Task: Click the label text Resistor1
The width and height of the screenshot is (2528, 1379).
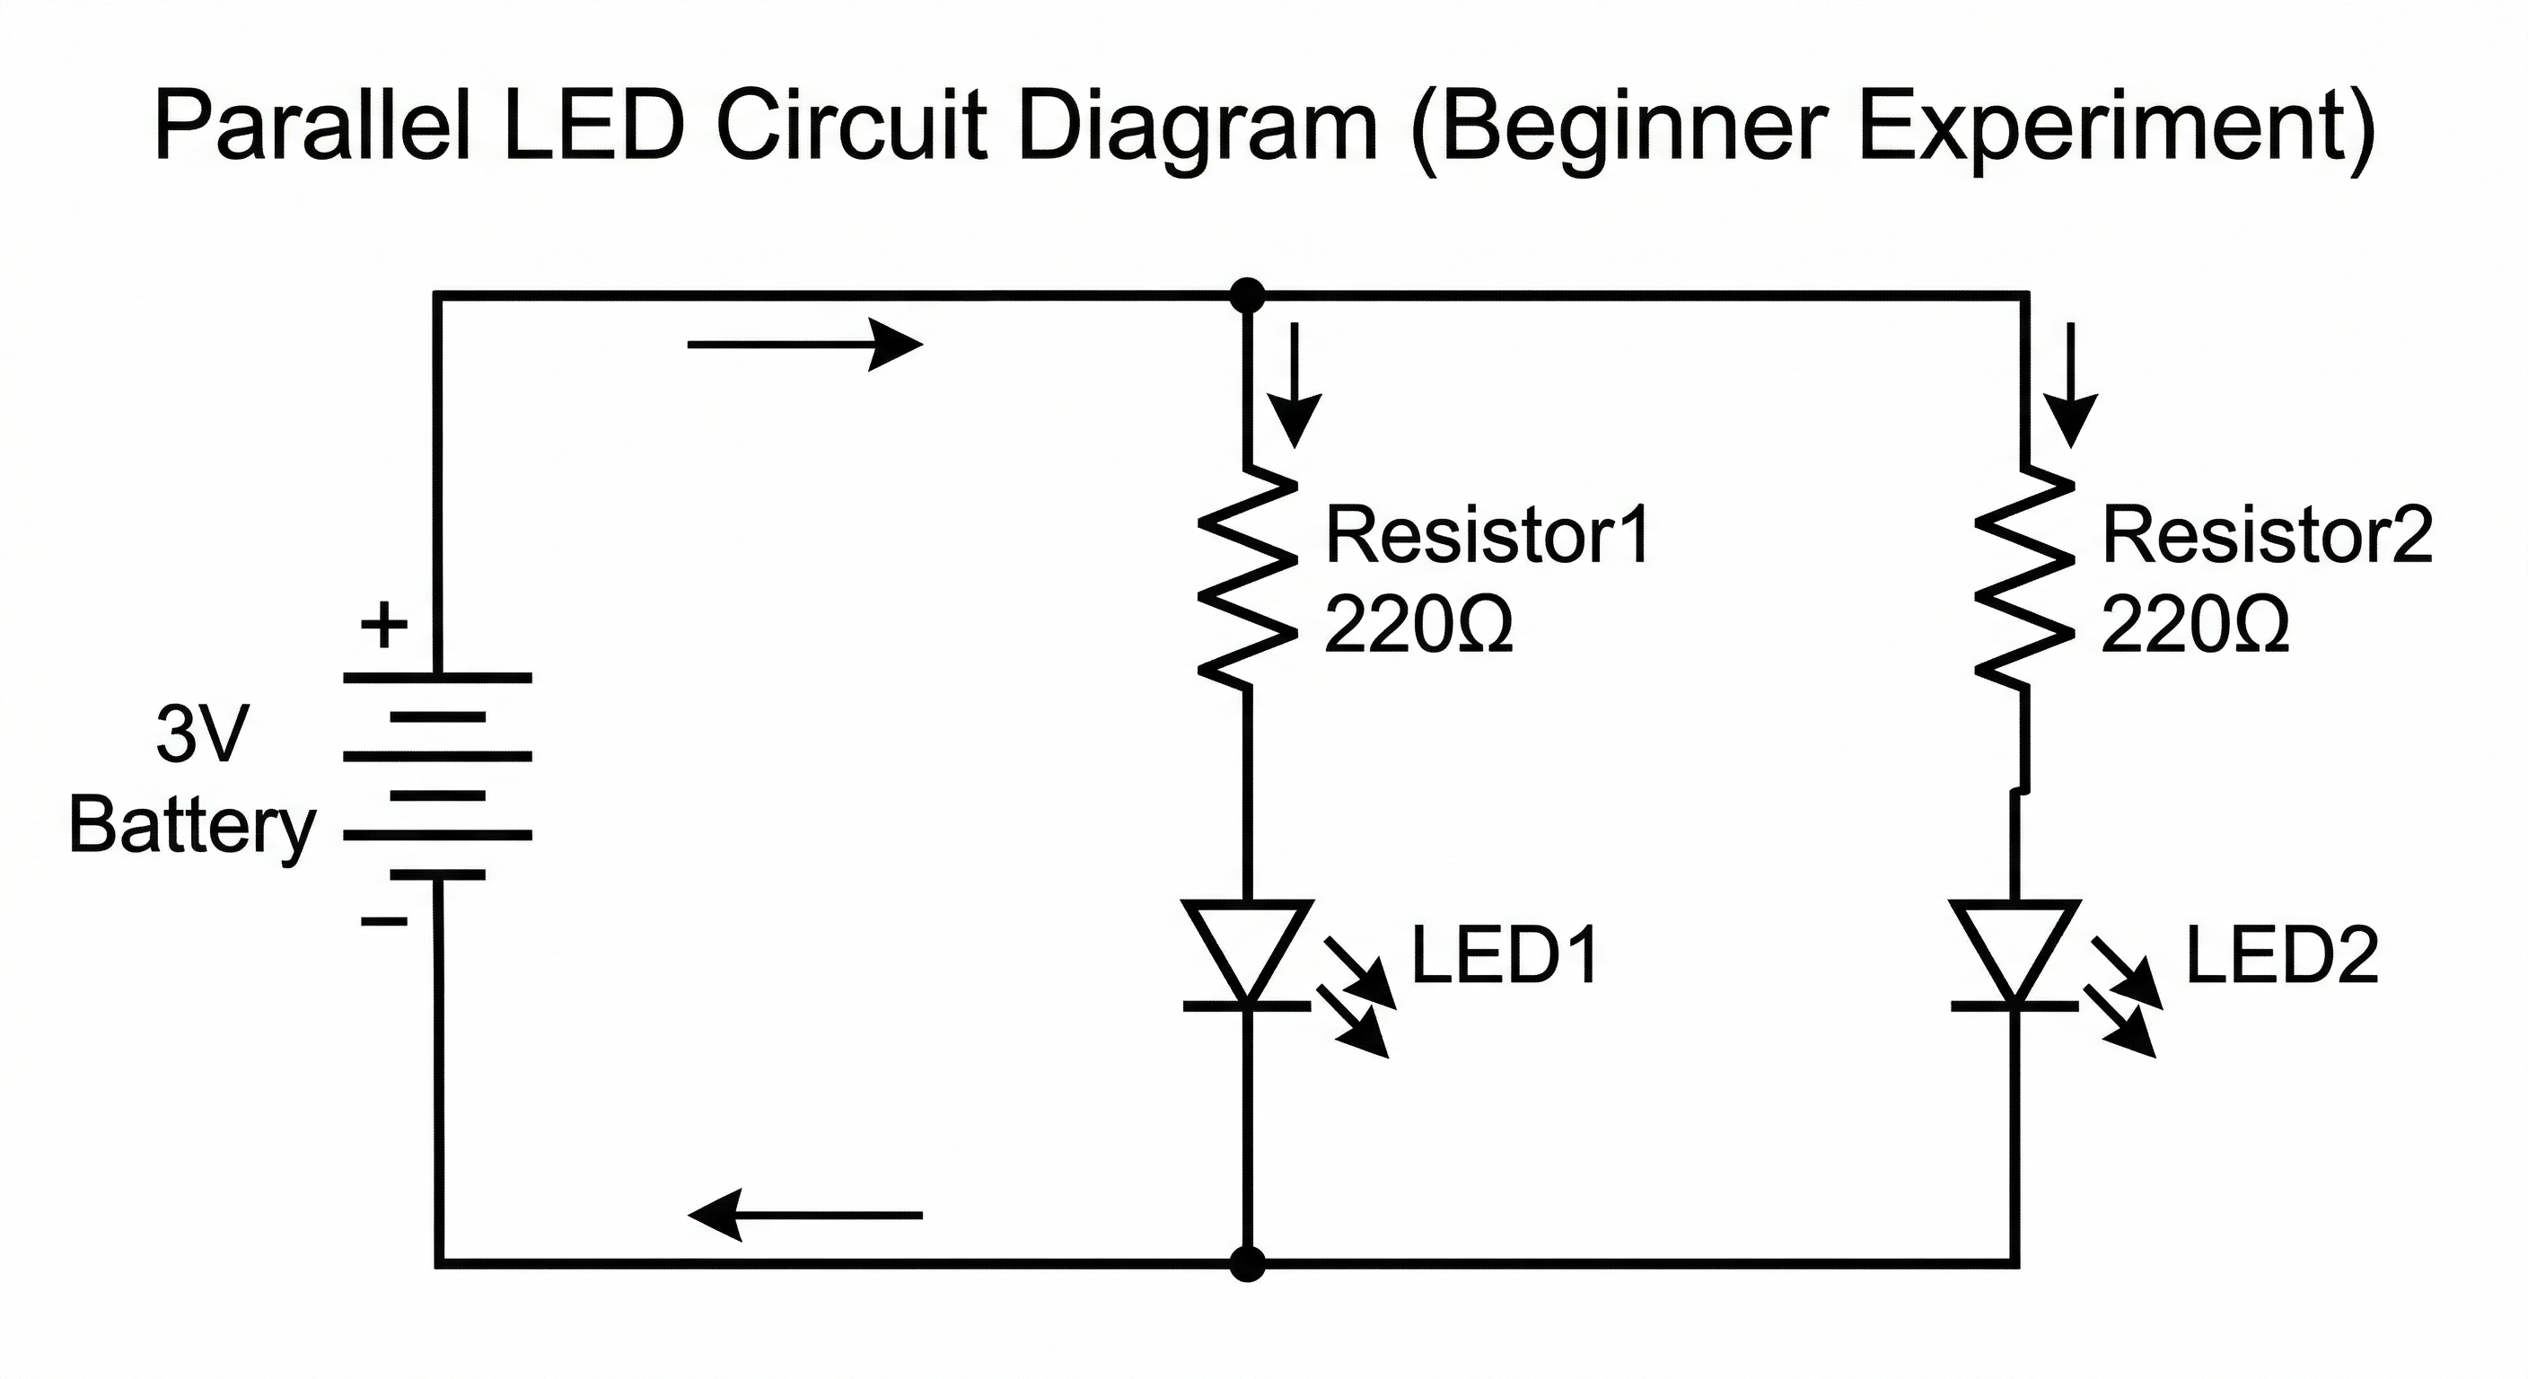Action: point(1487,536)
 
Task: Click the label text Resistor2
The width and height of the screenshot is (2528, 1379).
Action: point(2267,536)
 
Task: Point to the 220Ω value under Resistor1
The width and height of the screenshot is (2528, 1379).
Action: point(1418,625)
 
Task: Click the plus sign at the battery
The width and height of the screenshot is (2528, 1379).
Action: point(385,625)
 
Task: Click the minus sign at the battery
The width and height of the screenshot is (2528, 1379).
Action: point(385,920)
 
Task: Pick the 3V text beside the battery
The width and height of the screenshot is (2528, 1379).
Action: point(202,733)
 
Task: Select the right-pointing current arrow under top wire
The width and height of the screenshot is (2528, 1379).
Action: point(804,345)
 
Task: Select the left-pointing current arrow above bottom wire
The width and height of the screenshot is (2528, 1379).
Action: point(804,1215)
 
